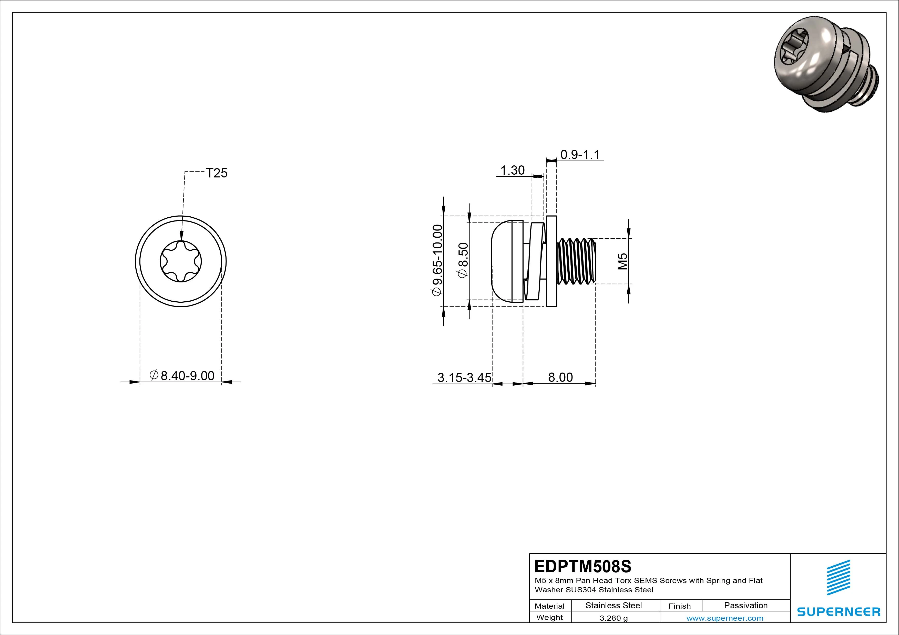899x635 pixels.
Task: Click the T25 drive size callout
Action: point(217,173)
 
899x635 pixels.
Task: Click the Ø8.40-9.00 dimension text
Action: point(182,376)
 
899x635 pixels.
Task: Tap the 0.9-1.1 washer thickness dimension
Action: point(580,155)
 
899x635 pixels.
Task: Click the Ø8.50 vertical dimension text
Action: point(463,260)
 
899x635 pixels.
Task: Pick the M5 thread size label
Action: point(622,261)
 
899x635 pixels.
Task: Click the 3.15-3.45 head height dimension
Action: point(464,378)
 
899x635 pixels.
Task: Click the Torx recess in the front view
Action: point(181,261)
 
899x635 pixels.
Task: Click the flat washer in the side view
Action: point(551,261)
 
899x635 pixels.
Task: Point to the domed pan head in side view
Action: point(502,261)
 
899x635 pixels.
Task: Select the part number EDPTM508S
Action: point(583,566)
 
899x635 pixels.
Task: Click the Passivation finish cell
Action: point(745,605)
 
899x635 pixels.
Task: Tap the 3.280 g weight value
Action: point(614,618)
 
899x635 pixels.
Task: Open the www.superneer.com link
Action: point(725,618)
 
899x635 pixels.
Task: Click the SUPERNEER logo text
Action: point(838,611)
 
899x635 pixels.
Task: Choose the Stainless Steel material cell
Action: point(614,605)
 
